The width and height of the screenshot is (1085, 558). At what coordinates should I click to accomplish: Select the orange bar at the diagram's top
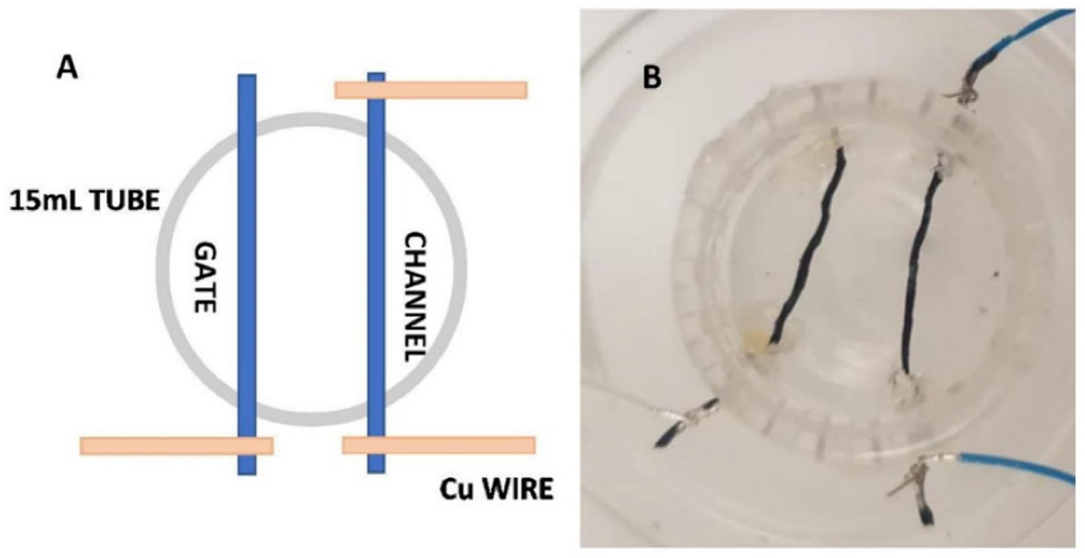coord(431,90)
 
